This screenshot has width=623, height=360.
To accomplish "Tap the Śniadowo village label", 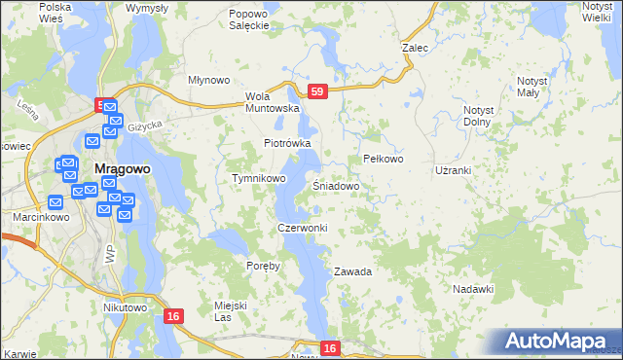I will coord(338,185).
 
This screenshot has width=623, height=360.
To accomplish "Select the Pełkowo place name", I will coord(383,159).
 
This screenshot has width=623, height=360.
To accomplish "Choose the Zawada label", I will coord(353,271).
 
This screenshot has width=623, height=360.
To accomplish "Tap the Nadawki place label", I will coord(474,289).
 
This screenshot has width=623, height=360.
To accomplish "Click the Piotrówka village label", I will coord(287,143).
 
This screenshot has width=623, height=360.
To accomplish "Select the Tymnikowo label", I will coord(258,179).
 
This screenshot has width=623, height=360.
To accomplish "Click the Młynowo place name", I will coord(207,80).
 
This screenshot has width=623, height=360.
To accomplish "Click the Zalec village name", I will coord(416,47).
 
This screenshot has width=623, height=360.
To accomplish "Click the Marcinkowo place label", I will coord(27,217).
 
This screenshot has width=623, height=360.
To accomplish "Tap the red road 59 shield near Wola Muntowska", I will coord(316,91).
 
